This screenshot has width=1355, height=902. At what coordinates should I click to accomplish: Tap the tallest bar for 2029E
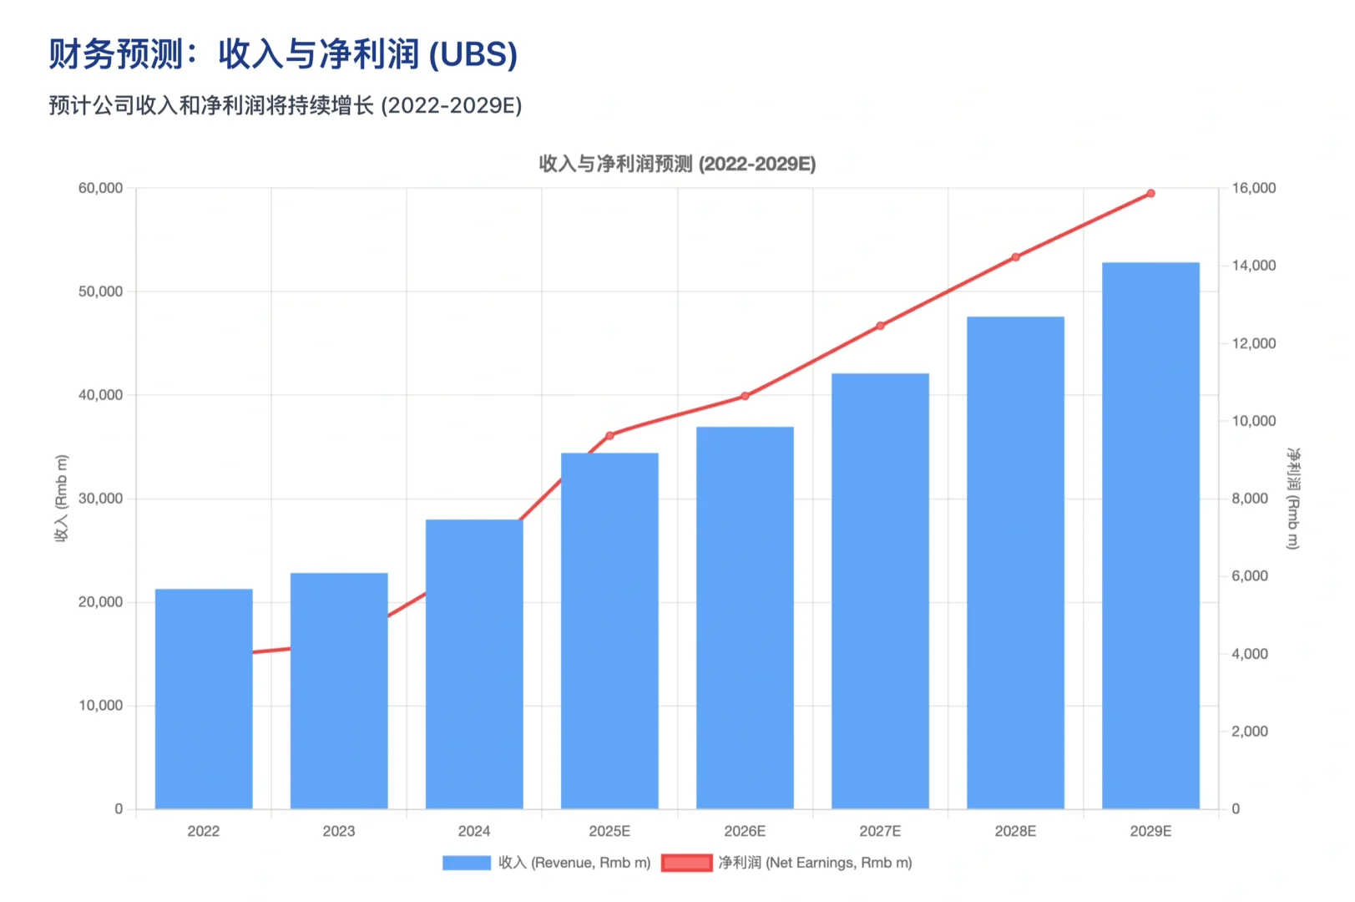1150,535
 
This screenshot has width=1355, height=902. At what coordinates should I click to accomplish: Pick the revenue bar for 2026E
745,617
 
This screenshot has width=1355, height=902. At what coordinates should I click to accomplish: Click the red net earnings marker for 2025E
609,435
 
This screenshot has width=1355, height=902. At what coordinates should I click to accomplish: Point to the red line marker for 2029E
1150,194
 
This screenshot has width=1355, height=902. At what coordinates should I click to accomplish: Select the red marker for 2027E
880,326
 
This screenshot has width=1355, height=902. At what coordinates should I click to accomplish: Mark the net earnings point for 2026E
745,396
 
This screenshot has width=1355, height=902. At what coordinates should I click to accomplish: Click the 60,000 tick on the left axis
100,188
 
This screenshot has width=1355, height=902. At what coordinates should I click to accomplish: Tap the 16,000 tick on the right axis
1253,188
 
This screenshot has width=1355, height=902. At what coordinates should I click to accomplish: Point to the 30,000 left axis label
100,499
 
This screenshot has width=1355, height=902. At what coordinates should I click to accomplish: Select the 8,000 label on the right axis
1250,499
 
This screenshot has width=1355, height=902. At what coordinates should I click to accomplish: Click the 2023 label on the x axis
339,831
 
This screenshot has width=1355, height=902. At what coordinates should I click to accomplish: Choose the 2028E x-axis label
1015,831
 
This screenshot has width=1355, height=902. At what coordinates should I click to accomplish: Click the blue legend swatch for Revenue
467,863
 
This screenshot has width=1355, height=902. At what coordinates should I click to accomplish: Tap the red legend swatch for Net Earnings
686,863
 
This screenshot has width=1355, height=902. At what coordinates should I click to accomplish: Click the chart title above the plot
677,164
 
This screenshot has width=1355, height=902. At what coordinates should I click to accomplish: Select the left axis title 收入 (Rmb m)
61,499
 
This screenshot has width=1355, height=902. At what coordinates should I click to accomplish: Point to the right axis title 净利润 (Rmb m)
1293,499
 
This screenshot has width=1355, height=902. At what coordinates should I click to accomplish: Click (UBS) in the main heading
473,55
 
